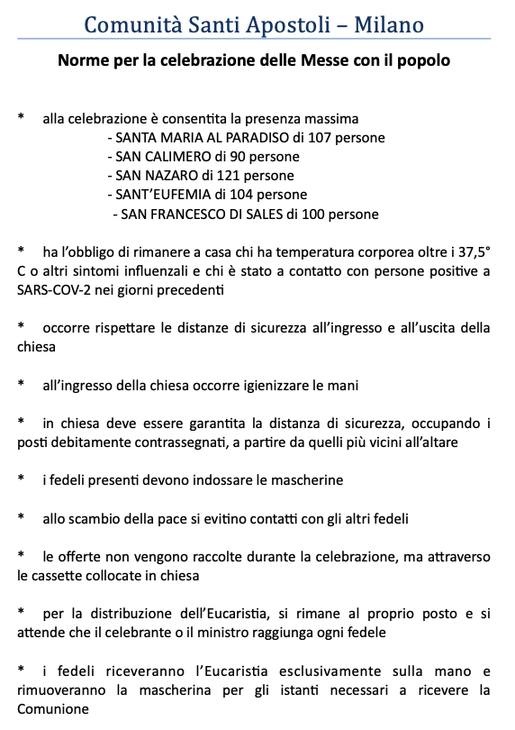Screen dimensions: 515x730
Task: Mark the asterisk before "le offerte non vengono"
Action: tap(21, 556)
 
